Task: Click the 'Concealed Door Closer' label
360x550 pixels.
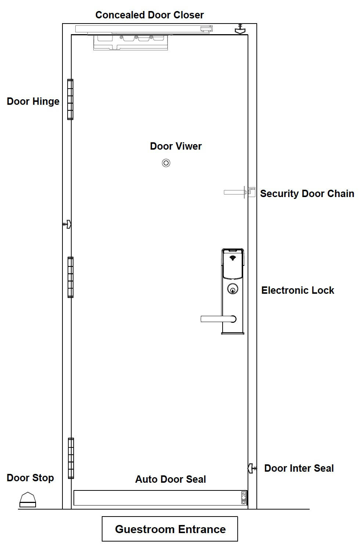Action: click(149, 15)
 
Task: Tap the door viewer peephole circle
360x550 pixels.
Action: click(166, 163)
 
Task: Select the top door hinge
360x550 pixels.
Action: click(70, 99)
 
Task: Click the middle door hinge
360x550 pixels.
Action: click(70, 277)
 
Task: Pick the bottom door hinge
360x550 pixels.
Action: click(71, 458)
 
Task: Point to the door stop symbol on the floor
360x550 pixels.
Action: click(28, 500)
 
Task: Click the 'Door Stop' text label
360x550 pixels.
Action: click(30, 478)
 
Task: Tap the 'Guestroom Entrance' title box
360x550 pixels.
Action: click(170, 529)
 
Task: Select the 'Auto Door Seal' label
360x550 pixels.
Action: click(170, 479)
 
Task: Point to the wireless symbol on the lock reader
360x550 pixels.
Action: click(232, 258)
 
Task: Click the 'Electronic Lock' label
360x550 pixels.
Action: click(298, 290)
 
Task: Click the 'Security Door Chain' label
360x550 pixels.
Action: click(307, 194)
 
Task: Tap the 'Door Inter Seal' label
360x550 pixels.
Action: click(299, 468)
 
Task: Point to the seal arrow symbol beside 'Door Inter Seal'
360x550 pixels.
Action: click(251, 468)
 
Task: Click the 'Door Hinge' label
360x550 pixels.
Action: click(33, 101)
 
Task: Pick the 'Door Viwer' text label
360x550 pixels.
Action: click(176, 146)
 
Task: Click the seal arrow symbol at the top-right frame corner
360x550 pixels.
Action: click(240, 29)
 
